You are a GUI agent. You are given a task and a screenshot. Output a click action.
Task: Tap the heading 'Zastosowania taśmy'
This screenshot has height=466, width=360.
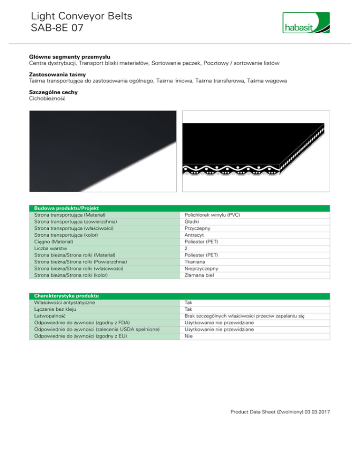coord(54,75)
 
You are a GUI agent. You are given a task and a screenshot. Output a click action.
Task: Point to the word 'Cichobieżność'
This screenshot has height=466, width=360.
coord(48,99)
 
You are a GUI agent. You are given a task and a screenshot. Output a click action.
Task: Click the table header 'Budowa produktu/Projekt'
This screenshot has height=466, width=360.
coord(63,208)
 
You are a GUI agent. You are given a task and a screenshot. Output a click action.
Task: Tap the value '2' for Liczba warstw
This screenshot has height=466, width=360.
coord(187,248)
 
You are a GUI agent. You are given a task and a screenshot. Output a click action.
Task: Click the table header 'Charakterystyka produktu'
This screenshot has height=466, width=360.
coord(66,296)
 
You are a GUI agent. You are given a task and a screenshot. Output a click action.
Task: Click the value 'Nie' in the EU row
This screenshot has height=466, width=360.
coord(189,336)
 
